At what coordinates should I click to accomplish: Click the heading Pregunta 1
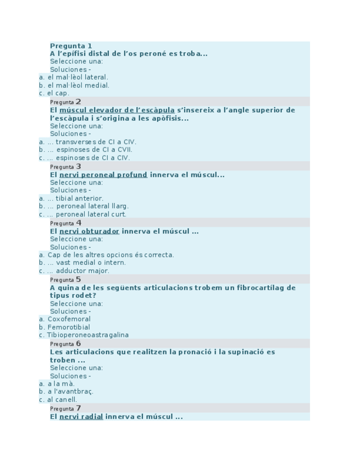71,46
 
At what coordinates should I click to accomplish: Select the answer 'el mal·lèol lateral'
77,77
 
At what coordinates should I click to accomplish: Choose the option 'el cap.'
58,93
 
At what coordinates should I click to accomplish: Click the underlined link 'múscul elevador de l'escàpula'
117,110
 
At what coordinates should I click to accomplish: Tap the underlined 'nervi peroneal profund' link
103,175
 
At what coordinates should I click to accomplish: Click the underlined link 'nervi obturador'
90,231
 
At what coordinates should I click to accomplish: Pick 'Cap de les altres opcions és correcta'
110,255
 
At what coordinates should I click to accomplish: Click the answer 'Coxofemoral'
69,319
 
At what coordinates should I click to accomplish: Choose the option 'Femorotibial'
69,327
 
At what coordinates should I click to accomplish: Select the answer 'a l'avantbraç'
70,392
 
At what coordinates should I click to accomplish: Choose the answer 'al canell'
62,400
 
